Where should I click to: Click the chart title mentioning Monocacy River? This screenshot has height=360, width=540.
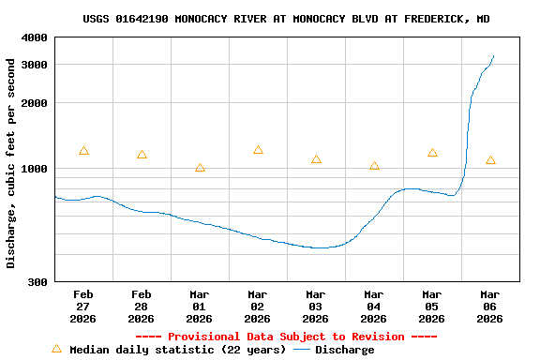click(286, 19)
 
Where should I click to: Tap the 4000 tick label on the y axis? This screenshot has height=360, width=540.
click(35, 37)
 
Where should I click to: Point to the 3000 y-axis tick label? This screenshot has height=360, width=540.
click(35, 64)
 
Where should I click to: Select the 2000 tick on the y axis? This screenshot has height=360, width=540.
click(35, 103)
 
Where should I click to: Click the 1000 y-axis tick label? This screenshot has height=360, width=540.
click(35, 169)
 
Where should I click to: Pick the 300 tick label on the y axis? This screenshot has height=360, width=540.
click(37, 281)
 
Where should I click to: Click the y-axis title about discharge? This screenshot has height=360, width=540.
click(11, 163)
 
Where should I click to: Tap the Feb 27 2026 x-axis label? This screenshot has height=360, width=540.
click(83, 306)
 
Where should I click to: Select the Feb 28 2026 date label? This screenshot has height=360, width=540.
click(142, 306)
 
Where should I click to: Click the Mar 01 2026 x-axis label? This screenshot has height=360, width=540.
click(200, 306)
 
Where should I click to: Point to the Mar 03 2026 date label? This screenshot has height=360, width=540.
click(316, 306)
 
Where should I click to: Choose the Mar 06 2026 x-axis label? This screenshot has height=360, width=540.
click(490, 306)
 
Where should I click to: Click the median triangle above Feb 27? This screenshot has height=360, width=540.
click(83, 151)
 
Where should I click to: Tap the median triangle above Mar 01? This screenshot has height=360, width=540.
click(200, 168)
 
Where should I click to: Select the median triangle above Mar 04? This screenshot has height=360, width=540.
click(374, 166)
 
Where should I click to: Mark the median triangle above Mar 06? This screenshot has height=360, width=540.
click(490, 160)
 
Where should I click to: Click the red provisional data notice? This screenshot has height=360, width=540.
click(286, 337)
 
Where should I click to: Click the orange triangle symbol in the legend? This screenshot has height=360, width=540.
click(56, 349)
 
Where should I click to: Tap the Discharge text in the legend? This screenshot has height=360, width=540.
click(344, 350)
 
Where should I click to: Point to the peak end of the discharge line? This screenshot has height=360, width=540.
click(494, 55)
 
